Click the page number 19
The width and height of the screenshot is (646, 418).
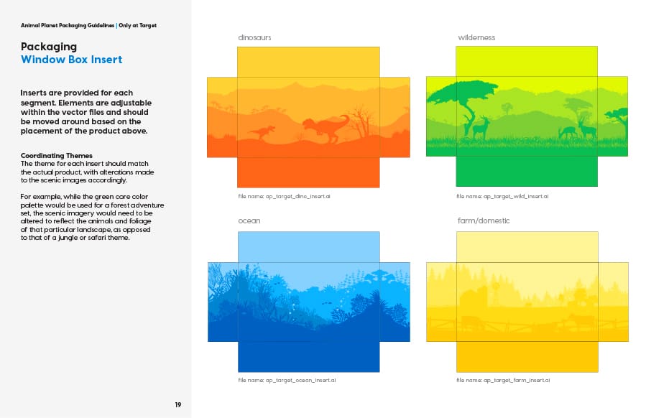click(x=178, y=405)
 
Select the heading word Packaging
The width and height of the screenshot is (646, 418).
click(x=49, y=47)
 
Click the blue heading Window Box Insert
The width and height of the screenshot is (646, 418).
click(x=71, y=60)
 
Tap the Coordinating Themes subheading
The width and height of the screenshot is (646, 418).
click(x=57, y=155)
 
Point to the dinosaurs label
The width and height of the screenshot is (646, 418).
click(x=254, y=37)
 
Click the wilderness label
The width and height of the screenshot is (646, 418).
click(x=476, y=37)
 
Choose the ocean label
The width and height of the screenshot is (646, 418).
click(x=249, y=220)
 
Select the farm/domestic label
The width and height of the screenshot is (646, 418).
click(x=484, y=220)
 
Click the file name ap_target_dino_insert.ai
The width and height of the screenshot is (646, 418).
click(x=284, y=197)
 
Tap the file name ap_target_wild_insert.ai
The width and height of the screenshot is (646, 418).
click(x=502, y=197)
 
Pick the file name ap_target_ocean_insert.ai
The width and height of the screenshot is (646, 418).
click(x=287, y=380)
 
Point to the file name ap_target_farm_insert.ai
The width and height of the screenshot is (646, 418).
click(x=503, y=380)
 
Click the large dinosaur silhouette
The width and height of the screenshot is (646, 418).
click(x=326, y=127)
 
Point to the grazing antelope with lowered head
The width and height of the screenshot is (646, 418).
click(x=568, y=132)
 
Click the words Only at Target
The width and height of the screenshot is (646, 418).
click(x=137, y=26)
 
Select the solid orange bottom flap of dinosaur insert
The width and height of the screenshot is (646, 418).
click(x=308, y=172)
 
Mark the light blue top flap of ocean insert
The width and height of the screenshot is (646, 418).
click(x=308, y=246)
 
